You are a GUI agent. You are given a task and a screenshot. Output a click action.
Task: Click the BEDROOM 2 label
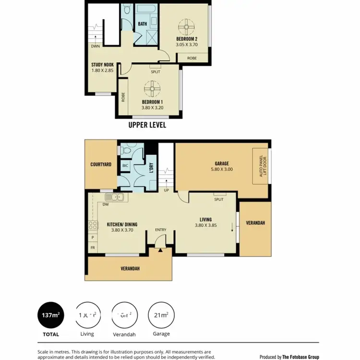click(x=187, y=38)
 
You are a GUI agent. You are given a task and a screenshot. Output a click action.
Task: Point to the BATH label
click(x=143, y=24)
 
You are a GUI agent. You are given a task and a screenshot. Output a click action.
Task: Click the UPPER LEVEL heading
click(x=147, y=125)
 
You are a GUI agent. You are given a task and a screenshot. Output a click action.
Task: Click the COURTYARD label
click(x=101, y=165)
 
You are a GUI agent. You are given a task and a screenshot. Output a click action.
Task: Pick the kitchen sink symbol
click(x=115, y=196)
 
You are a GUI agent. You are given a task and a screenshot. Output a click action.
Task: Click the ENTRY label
click(x=160, y=230)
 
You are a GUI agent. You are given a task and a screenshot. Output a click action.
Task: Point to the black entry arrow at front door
click(x=160, y=250)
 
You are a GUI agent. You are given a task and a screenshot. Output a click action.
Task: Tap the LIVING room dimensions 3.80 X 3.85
click(x=205, y=226)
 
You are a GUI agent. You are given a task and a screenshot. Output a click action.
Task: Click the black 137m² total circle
click(x=51, y=315)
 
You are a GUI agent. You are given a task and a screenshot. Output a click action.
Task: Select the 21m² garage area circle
click(x=161, y=315)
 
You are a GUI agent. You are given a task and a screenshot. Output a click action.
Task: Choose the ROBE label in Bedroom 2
click(x=192, y=58)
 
